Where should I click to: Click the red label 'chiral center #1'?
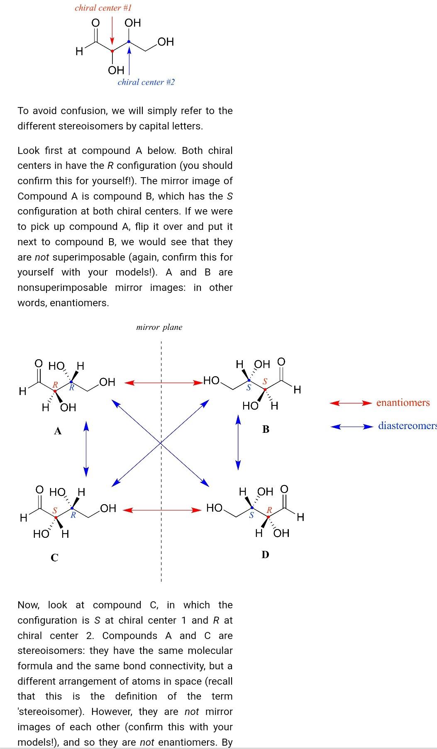tap(103, 7)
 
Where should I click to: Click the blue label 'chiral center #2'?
tap(146, 82)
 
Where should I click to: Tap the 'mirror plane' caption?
tap(159, 327)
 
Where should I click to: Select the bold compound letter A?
tap(58, 431)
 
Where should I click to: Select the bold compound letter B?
tap(266, 429)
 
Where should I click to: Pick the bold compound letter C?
tap(54, 557)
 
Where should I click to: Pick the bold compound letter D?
tap(266, 554)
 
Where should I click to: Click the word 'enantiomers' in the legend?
tap(403, 403)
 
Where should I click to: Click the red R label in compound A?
tap(55, 385)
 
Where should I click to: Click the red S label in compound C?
tap(55, 510)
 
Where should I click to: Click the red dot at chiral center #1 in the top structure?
tap(112, 51)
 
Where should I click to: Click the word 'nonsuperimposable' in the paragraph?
tap(62, 288)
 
